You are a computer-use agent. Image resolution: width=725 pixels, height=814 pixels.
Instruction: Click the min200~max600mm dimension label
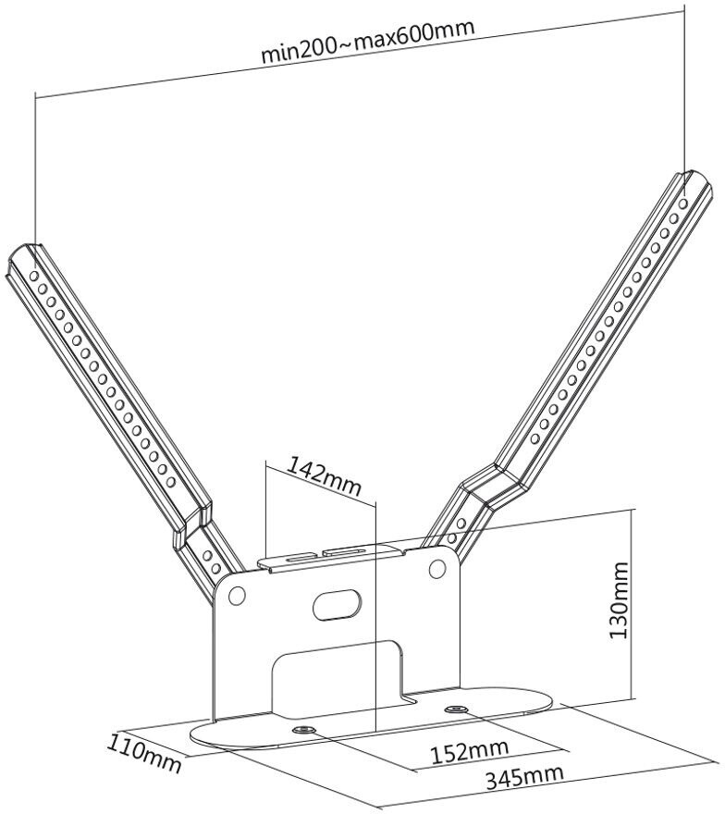click(x=367, y=40)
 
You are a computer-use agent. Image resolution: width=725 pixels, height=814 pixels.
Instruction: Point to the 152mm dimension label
click(x=470, y=750)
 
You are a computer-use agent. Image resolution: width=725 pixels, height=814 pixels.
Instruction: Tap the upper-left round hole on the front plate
click(x=238, y=597)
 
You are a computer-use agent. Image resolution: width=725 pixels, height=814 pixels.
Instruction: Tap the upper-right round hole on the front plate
click(x=438, y=570)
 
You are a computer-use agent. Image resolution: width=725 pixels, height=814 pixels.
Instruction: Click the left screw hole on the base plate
click(x=302, y=732)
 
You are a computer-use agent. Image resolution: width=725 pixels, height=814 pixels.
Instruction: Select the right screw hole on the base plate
click(x=455, y=709)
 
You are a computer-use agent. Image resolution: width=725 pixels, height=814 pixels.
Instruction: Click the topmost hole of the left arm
click(x=34, y=274)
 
